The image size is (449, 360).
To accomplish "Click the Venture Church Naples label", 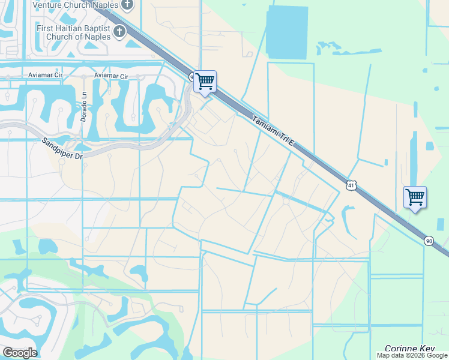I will pyautogui.click(x=79, y=5).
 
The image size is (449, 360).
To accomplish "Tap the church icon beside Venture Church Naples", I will pyautogui.click(x=127, y=5).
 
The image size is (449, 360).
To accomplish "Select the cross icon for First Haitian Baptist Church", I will pyautogui.click(x=119, y=30).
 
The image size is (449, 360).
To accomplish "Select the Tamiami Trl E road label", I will pyautogui.click(x=274, y=130).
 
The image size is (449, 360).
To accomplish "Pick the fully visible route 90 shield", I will pyautogui.click(x=429, y=241).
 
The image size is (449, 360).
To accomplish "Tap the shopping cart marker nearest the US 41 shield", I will pyautogui.click(x=415, y=197).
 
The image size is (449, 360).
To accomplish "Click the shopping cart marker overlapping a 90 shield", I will pyautogui.click(x=205, y=81).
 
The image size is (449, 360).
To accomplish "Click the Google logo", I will pyautogui.click(x=20, y=353).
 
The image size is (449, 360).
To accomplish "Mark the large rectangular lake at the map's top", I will pyautogui.click(x=289, y=33).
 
